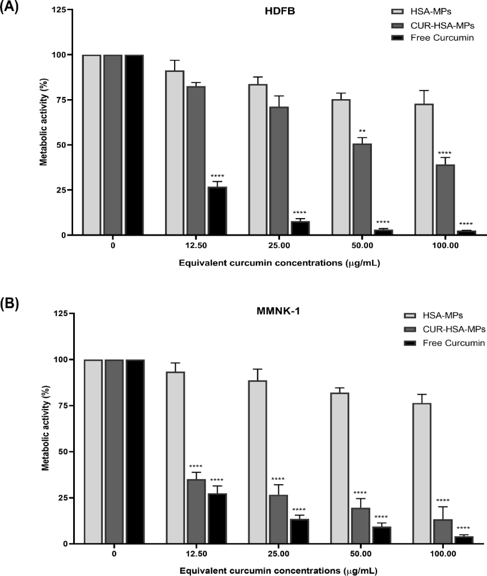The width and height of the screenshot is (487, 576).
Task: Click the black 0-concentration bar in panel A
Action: coord(134,144)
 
